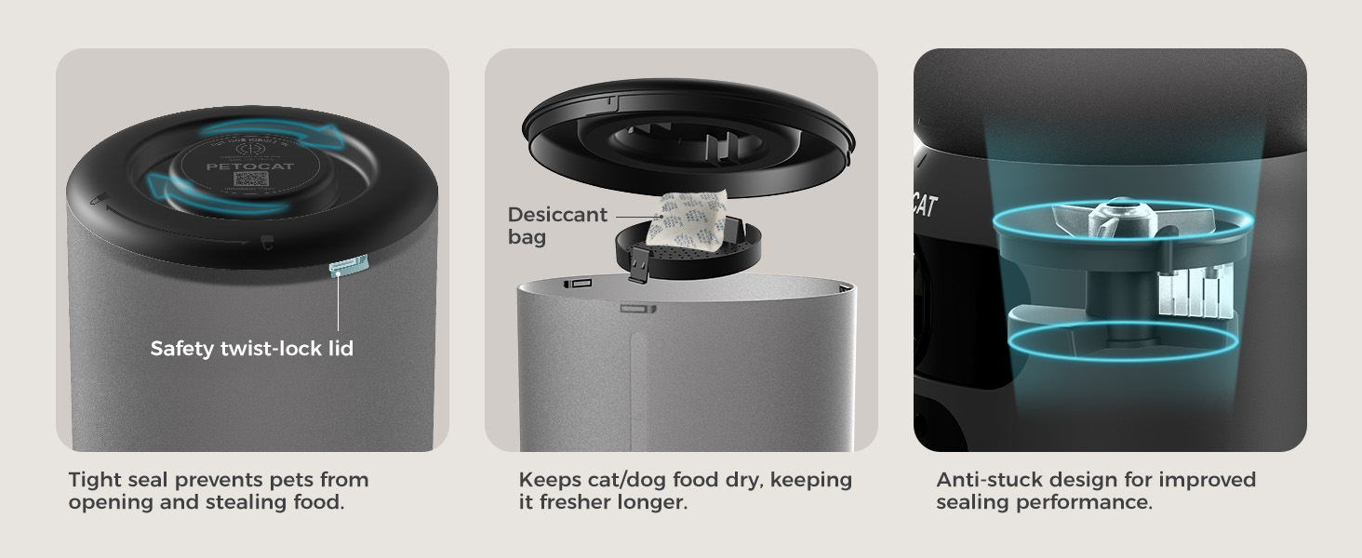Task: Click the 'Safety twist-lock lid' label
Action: point(251,349)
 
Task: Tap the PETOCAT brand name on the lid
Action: point(236,166)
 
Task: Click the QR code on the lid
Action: point(251,179)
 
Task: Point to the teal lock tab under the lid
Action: point(349,266)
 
